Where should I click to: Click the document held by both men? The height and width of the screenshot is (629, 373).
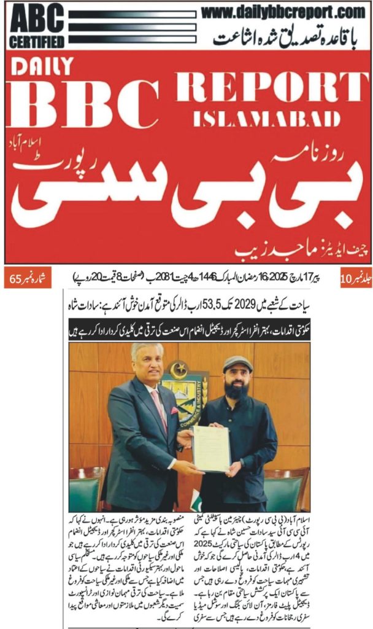point(211,448)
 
